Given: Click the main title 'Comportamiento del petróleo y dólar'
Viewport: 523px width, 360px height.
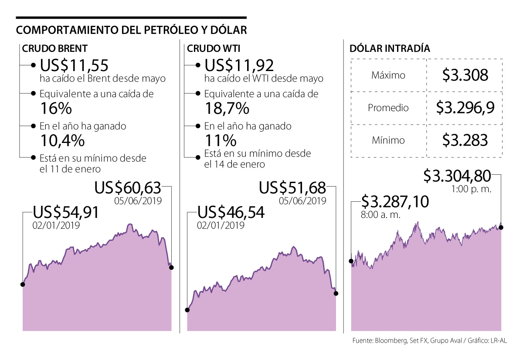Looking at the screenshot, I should coord(131,30).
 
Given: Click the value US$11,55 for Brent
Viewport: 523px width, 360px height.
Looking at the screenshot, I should coord(74,65).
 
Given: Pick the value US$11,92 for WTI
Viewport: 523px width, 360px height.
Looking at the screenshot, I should coord(239,65).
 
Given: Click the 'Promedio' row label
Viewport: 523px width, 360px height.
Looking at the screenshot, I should coord(388,108).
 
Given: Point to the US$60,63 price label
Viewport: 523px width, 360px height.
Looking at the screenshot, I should coord(128,189).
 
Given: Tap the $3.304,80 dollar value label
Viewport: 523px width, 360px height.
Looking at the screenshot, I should coord(457,176).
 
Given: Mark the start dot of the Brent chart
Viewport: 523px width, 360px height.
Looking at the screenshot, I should coord(23,284).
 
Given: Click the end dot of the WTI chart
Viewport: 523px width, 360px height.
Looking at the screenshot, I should coord(336,294).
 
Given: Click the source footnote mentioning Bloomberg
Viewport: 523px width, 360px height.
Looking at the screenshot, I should coord(430,341).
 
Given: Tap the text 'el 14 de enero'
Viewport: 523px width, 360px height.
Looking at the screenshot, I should coord(234,164).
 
